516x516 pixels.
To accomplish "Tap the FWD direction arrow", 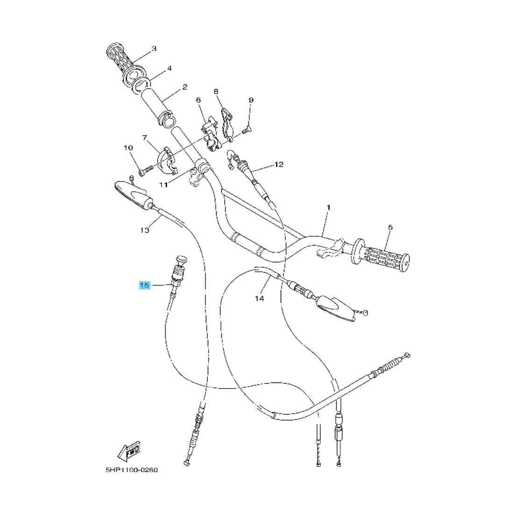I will pyautogui.click(x=128, y=452).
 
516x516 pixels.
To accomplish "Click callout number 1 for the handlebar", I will pyautogui.click(x=328, y=207).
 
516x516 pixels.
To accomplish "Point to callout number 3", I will pyautogui.click(x=154, y=49).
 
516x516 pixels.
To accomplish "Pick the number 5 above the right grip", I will pyautogui.click(x=390, y=227).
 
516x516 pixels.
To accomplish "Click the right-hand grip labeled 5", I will pyautogui.click(x=383, y=255).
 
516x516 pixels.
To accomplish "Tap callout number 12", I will pyautogui.click(x=279, y=164).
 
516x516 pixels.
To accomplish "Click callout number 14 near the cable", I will pyautogui.click(x=260, y=298).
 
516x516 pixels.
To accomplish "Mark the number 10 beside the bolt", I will pyautogui.click(x=128, y=148).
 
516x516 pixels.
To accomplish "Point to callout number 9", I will pyautogui.click(x=251, y=100).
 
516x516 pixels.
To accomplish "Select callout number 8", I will pyautogui.click(x=216, y=92).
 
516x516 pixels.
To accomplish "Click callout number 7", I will pyautogui.click(x=144, y=138).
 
